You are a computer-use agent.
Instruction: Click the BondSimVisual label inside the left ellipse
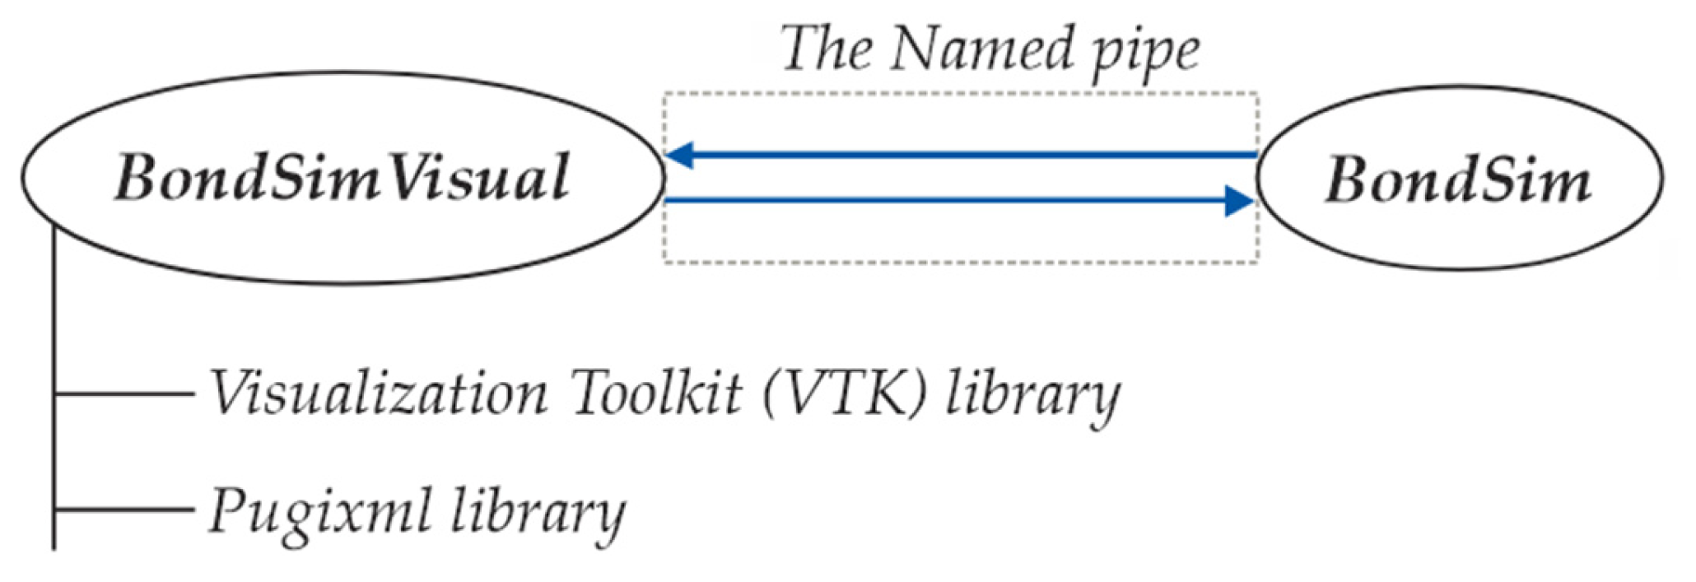342,177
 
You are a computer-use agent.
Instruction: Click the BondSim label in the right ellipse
1456,180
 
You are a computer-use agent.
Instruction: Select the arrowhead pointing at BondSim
1237,200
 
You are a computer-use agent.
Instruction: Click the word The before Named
826,49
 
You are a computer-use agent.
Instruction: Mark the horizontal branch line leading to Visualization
123,394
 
